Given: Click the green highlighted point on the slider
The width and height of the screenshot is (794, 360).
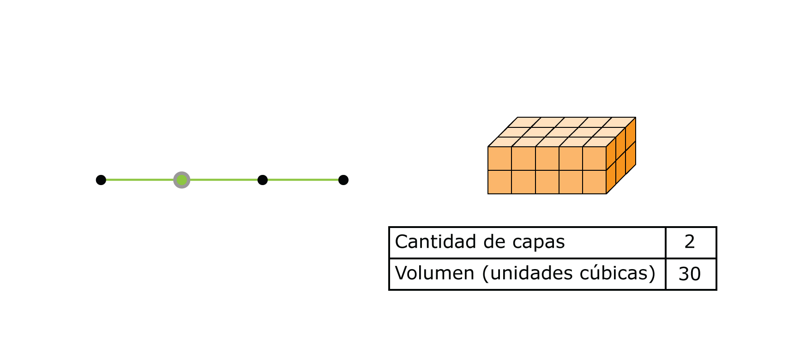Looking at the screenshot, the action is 182,180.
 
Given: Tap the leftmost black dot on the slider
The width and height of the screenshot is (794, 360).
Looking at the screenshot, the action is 101,180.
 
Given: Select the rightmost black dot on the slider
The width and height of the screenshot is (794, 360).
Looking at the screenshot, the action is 343,180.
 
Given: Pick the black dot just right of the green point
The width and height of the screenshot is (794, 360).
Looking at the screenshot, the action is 263,180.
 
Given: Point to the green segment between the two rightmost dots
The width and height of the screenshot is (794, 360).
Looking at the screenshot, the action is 303,180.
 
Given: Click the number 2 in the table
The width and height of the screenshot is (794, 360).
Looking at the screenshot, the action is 690,242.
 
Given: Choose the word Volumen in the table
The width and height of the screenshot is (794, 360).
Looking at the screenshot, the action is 435,273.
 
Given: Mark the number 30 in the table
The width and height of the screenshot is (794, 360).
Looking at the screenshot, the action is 690,274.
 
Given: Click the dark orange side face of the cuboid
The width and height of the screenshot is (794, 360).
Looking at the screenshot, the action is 621,156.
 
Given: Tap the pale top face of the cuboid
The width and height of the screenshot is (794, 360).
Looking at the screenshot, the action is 562,132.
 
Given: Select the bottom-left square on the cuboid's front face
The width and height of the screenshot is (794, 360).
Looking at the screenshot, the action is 500,182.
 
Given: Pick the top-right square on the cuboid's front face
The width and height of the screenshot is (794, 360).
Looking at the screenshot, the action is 594,158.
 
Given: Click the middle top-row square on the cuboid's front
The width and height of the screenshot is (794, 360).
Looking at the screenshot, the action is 547,158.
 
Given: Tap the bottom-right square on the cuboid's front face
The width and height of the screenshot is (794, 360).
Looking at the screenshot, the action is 594,182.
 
